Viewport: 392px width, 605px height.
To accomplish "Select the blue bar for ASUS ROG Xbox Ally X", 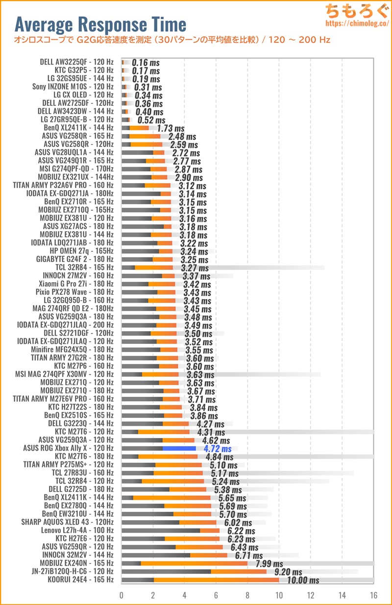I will coord(179,448).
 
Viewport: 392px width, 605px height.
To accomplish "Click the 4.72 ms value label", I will coord(214,449).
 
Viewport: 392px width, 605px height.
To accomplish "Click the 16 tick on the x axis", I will coord(374,596).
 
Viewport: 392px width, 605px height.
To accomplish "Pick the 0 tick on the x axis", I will coord(122,596).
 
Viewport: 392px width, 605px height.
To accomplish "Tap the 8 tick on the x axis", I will coord(247,596).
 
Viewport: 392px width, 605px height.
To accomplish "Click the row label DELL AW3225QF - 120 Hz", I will coord(77,62).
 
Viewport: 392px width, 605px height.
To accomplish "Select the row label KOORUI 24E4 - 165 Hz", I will coord(80,580).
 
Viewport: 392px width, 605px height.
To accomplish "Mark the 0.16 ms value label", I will coord(146,63).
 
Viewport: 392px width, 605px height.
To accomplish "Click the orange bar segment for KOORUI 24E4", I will coord(216,580).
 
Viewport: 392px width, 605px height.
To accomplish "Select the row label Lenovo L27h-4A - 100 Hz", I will coord(77,531).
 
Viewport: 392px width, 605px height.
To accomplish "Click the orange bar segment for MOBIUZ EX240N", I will coord(194,563).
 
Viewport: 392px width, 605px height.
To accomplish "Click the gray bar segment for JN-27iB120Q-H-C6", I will coord(166,572).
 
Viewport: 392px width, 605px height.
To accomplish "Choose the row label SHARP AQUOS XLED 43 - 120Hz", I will coord(67,522).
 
